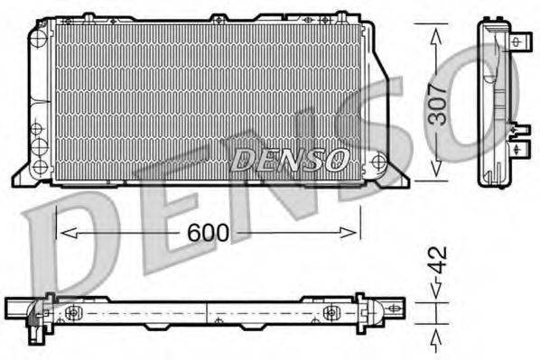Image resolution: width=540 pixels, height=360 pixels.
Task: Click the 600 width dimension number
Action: [207, 233]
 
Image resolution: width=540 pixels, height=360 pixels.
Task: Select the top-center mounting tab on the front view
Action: [218, 17]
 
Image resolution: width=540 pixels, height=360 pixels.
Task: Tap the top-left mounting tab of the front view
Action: [87, 16]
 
